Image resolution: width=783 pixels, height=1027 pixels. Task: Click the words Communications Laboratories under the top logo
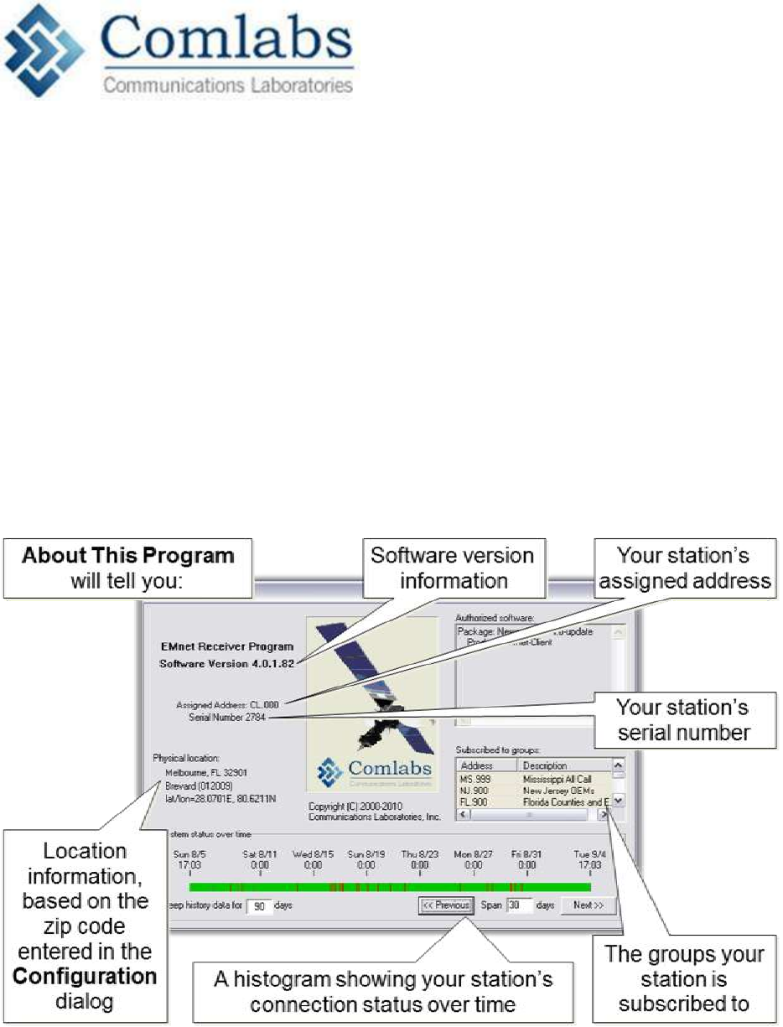point(227,85)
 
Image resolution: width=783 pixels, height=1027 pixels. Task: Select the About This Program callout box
point(127,566)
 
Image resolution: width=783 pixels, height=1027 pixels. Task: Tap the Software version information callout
point(452,567)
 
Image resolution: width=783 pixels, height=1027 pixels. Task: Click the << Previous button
point(447,905)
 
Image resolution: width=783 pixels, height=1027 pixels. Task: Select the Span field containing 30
point(519,905)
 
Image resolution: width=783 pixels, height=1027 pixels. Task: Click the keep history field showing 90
point(261,906)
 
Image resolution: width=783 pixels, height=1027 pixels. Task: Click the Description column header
point(545,765)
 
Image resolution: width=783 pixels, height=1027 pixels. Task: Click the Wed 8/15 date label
point(313,853)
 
